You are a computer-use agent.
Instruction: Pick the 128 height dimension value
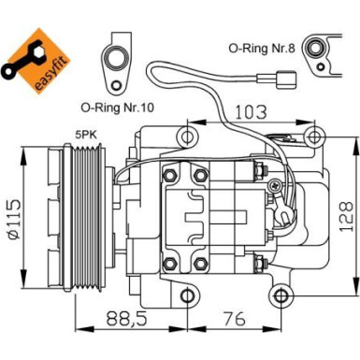[345, 207]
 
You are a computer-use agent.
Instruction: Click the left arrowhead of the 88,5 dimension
[78, 329]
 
